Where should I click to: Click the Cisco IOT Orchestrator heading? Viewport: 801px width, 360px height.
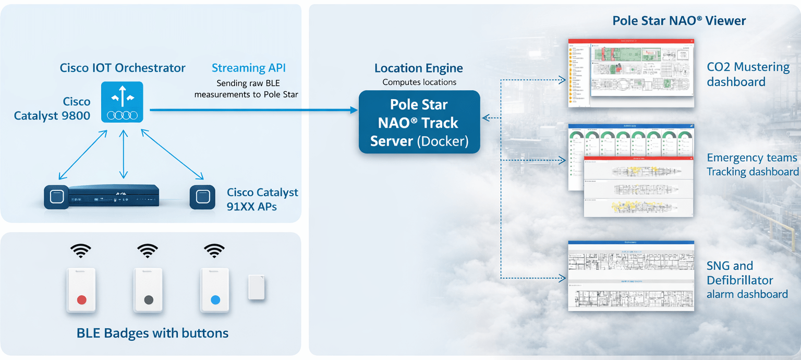[123, 68]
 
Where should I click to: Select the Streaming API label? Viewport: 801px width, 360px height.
[248, 68]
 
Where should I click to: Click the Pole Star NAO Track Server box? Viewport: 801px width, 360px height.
[419, 123]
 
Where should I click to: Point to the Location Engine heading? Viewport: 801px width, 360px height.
[419, 68]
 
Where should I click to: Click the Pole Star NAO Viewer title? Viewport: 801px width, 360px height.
[679, 21]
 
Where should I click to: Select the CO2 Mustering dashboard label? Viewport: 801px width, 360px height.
[748, 74]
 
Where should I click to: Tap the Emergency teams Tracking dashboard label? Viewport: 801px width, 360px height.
[753, 164]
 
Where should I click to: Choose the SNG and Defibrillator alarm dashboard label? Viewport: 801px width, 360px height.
[747, 280]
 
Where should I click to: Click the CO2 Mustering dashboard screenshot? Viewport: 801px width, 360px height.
[631, 73]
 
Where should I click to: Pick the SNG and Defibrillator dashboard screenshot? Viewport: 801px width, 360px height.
[631, 276]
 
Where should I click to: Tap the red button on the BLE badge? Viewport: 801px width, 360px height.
[81, 299]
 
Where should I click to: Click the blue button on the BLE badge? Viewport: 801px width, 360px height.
[215, 299]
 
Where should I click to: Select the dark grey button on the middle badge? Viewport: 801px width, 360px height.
[149, 299]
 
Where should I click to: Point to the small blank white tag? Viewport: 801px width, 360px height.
[256, 287]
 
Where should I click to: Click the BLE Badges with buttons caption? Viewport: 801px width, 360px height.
[152, 333]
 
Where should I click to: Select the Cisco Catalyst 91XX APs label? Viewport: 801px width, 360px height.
[262, 199]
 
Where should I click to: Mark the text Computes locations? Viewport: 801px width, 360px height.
[419, 82]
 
